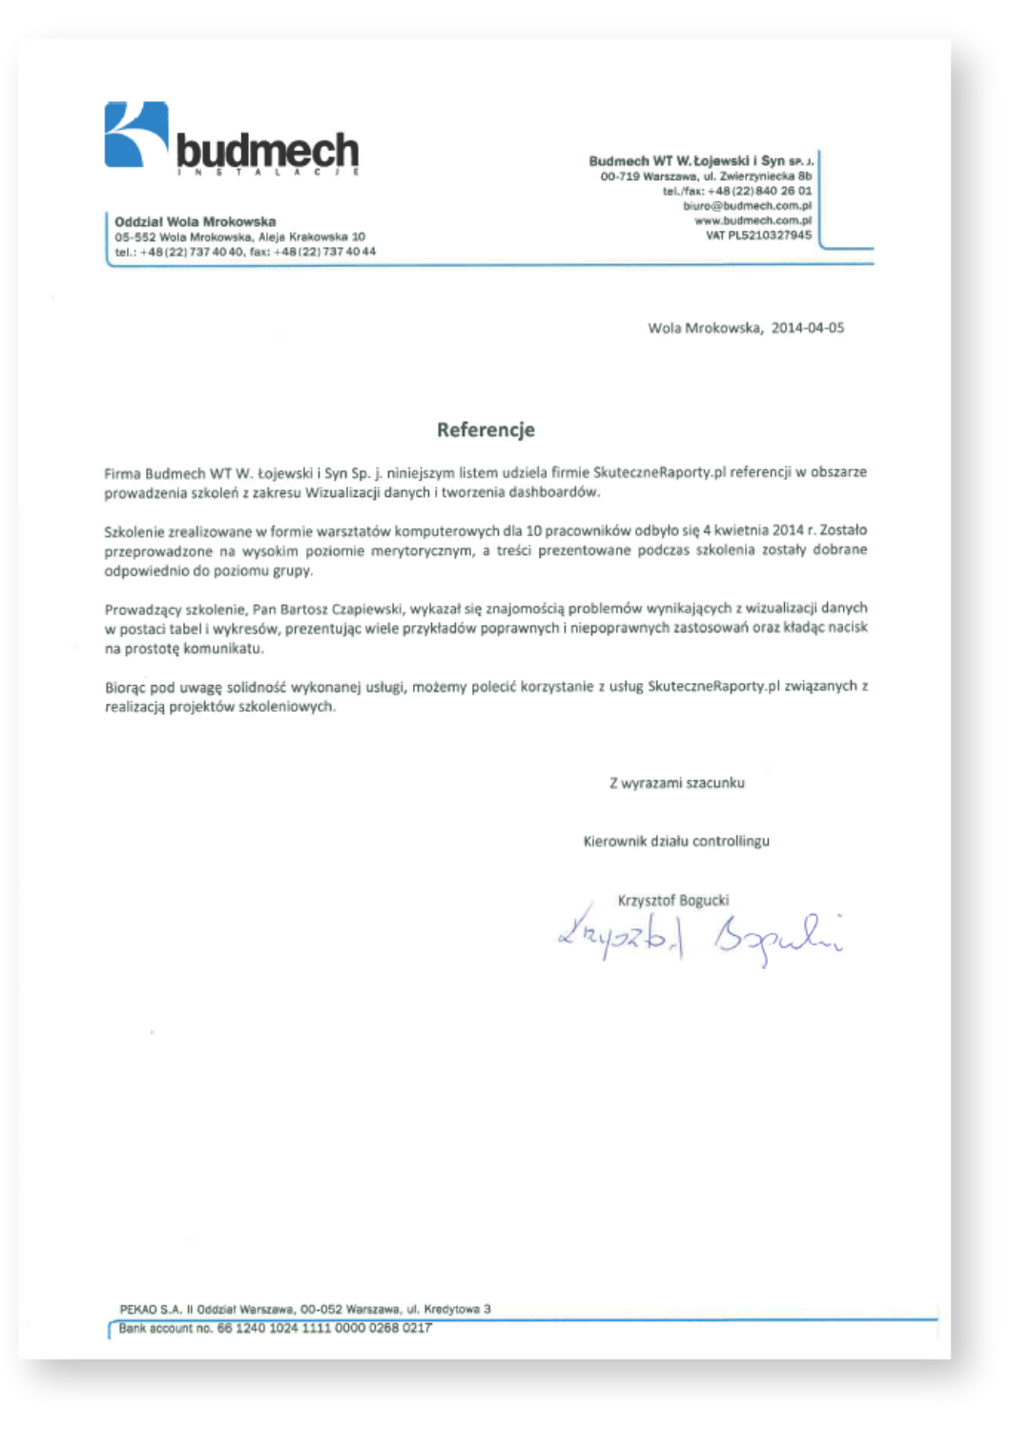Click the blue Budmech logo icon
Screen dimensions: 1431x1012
135,135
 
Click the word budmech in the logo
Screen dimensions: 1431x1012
268,150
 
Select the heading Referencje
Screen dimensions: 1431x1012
485,429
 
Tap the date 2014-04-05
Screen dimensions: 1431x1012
808,327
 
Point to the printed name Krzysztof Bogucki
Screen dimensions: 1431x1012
673,900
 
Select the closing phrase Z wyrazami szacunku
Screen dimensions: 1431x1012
677,783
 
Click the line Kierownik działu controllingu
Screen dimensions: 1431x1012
676,841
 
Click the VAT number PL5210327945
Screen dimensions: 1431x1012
769,235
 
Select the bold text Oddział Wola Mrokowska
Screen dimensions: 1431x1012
195,221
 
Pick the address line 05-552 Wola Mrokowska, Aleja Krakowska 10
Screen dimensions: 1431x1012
239,237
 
